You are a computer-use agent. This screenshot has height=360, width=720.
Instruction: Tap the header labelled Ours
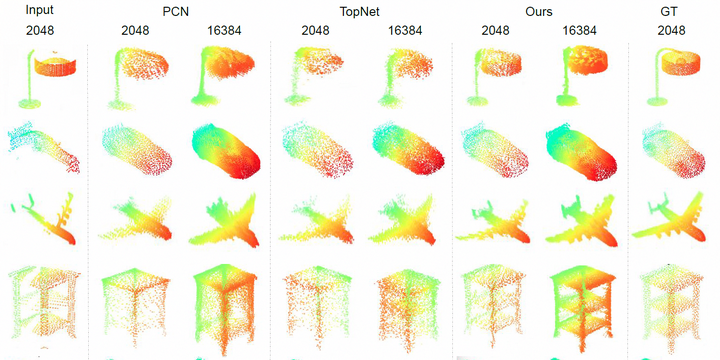(540, 11)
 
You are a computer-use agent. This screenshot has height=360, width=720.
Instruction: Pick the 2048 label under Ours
(495, 31)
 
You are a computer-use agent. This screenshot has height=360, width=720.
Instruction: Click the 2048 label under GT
(672, 31)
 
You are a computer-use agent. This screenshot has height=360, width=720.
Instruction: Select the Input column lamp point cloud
(45, 75)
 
